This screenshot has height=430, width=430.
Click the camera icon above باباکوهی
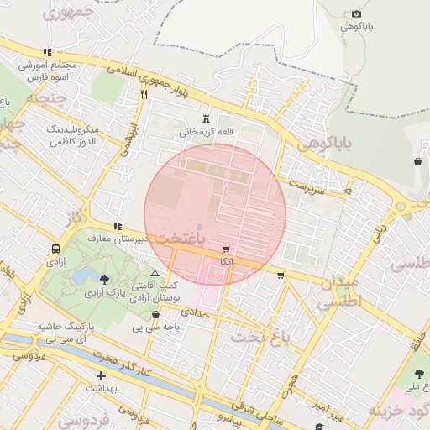point(357,13)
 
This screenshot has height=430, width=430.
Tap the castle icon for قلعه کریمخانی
point(207,118)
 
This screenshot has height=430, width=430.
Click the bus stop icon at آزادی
point(55,249)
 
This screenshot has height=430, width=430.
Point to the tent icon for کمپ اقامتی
point(154,274)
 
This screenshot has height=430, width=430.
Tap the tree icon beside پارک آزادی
point(104,279)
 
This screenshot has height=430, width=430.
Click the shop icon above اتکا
point(226,250)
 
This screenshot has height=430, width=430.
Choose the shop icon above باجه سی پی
point(155,315)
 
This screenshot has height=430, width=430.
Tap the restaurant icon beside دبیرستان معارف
point(118,226)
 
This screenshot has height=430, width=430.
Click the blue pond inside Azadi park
point(84,275)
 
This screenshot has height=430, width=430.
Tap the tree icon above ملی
point(419,374)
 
